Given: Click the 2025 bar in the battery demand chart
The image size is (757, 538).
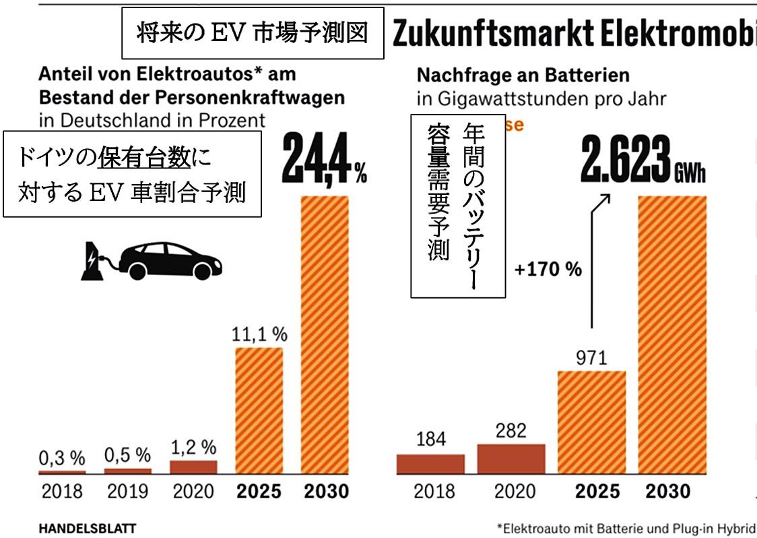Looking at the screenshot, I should coord(591,423).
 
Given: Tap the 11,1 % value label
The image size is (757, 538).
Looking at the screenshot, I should coord(258,333).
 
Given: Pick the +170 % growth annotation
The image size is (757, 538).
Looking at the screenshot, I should coord(547,270).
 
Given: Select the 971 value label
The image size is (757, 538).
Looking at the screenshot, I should coord(591,357).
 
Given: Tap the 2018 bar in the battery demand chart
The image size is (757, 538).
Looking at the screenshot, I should coord(430,465).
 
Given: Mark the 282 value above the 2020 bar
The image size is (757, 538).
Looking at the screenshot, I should coord(511,430).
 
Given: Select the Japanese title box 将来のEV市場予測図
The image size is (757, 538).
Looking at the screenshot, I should coord(253,33).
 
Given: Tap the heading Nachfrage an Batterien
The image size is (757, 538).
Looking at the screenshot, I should coord(523,74).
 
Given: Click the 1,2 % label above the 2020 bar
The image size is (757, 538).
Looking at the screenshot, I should coord(193,446).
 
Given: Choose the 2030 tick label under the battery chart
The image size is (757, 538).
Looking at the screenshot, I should coord(669,491).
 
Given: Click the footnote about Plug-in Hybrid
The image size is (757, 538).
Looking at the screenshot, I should coord(626,528).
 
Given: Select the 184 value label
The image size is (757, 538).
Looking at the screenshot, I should coord(430,440).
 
